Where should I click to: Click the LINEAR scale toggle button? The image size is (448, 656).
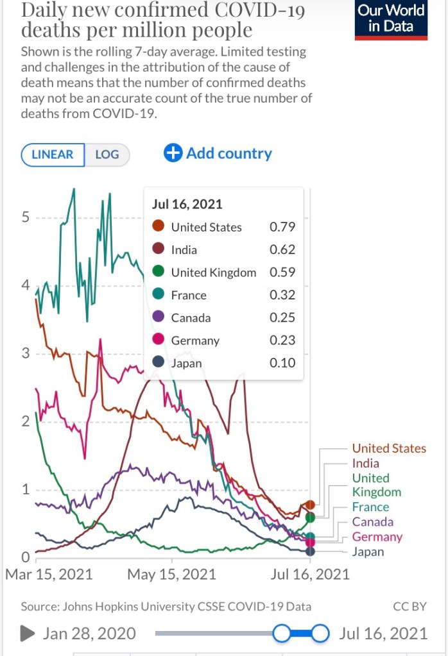(x=53, y=155)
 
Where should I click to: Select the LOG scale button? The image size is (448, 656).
(x=107, y=155)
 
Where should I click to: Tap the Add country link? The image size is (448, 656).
(x=218, y=153)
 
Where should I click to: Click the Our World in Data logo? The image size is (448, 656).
(x=391, y=19)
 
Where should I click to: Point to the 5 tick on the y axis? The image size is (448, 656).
(x=26, y=217)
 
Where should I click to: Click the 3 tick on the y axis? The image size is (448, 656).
(x=26, y=353)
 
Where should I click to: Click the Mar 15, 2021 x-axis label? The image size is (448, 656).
(x=49, y=574)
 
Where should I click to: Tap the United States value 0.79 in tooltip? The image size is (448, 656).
(x=282, y=227)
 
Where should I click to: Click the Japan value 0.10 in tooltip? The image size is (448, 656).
(x=282, y=363)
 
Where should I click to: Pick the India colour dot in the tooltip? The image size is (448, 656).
(x=158, y=249)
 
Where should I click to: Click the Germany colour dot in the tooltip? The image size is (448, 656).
(x=158, y=341)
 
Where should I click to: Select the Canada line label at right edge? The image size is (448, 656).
(x=373, y=522)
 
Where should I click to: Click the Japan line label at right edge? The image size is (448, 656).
(x=368, y=551)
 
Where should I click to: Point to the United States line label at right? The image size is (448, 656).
(x=389, y=448)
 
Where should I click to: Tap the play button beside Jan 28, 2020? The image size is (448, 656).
(x=28, y=634)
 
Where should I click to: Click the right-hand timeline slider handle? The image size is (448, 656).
(x=320, y=634)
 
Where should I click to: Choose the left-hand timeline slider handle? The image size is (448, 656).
(x=282, y=634)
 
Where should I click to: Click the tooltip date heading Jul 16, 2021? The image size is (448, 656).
(x=187, y=205)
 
